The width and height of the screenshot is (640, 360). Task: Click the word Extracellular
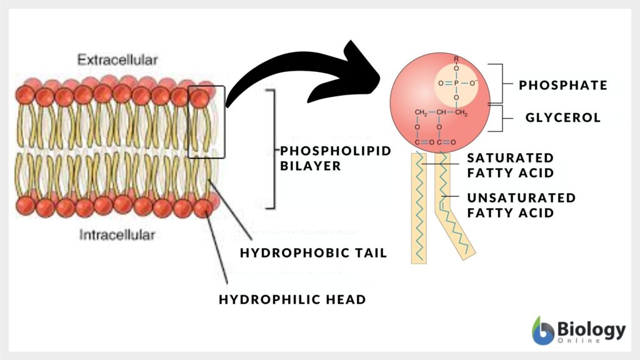pyautogui.click(x=117, y=61)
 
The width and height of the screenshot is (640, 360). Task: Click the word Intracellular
pyautogui.click(x=117, y=235)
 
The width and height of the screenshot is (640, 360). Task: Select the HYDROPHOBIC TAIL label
pyautogui.click(x=314, y=252)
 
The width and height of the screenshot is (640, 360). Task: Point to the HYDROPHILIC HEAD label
pyautogui.click(x=292, y=299)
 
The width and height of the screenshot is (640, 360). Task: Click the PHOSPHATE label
pyautogui.click(x=563, y=86)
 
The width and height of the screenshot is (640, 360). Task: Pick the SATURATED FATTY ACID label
pyautogui.click(x=511, y=165)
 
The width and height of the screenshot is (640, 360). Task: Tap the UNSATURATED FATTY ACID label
pyautogui.click(x=521, y=205)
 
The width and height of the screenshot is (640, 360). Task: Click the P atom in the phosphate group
pyautogui.click(x=456, y=81)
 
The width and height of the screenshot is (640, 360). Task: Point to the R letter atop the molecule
pyautogui.click(x=456, y=60)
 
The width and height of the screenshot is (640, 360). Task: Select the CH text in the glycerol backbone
pyautogui.click(x=441, y=112)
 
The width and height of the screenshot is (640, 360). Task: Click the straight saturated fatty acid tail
pyautogui.click(x=418, y=212)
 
